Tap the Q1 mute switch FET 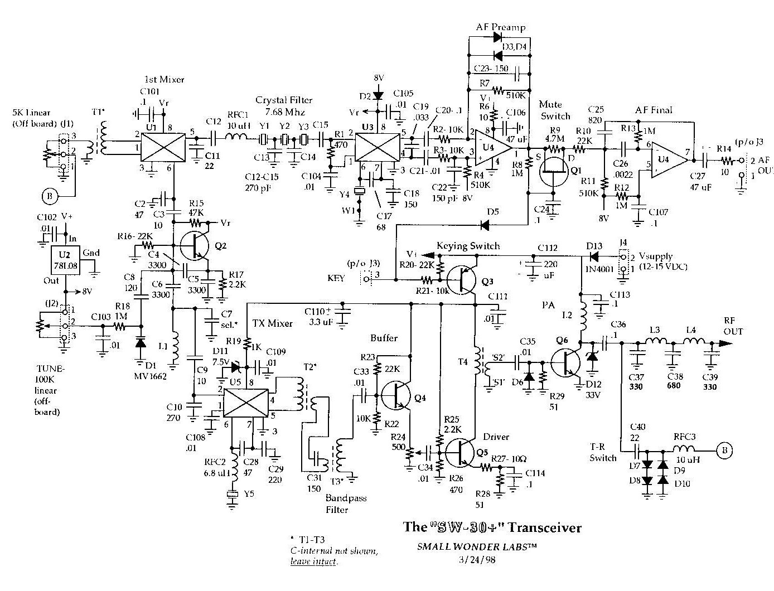tap(553, 168)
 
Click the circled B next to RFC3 tap(724, 449)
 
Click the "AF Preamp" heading tap(500, 27)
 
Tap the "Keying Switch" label tap(468, 246)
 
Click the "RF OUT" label tap(733, 326)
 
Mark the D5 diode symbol tap(485, 225)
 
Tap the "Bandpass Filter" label tap(346, 503)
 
